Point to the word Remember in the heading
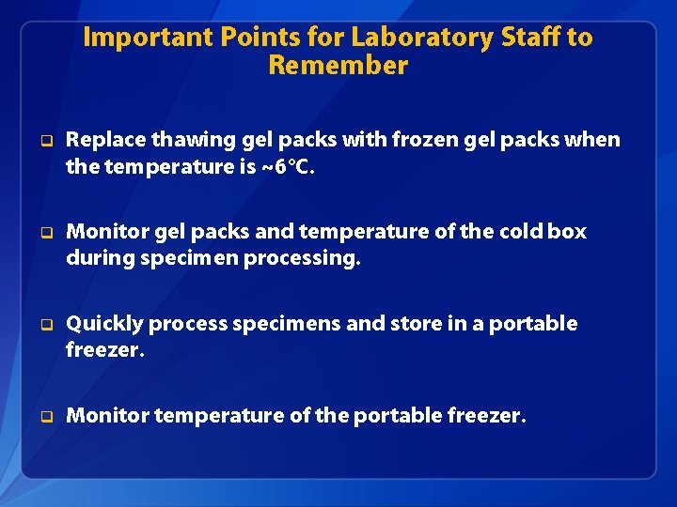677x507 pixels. (338, 66)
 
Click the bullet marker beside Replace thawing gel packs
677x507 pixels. (44, 142)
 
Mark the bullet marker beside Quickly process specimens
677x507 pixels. (44, 325)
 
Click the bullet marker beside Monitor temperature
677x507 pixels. (44, 416)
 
